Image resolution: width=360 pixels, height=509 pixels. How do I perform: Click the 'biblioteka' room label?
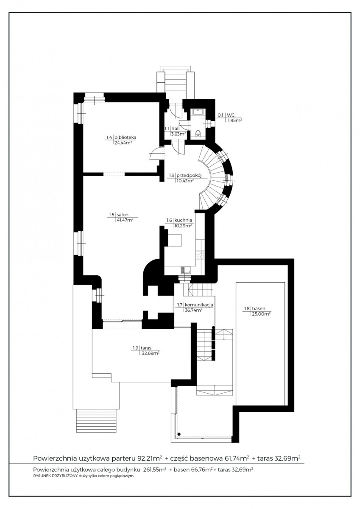coord(125,137)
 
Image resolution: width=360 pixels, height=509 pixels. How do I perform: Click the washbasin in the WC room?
coord(199,112)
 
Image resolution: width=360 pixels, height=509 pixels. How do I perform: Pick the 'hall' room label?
coord(176,129)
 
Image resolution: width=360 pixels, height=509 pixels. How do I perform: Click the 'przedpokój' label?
coord(189,176)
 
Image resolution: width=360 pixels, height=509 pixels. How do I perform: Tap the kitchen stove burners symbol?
coord(200,255)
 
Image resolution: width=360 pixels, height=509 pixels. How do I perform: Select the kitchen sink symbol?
coord(186,270)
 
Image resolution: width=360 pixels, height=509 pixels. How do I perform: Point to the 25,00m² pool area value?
coord(261,314)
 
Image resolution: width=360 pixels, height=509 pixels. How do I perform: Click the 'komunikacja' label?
coord(199,305)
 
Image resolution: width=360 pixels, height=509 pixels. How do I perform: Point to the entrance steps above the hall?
coord(176,81)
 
